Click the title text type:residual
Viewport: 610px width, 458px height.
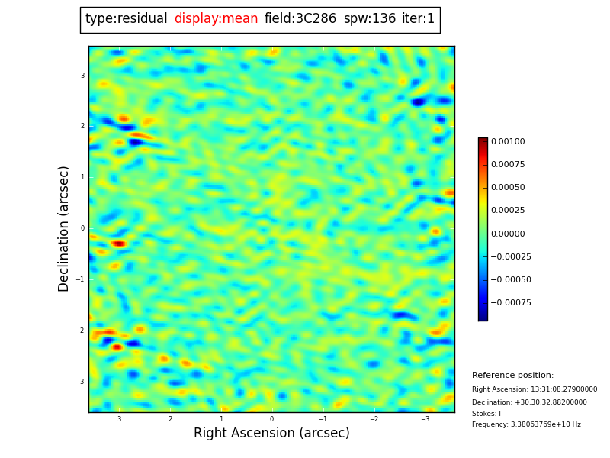click(x=127, y=19)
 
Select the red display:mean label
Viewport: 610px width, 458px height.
click(x=216, y=19)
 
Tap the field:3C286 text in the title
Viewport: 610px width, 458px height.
click(x=300, y=19)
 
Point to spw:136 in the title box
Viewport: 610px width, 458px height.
click(x=370, y=19)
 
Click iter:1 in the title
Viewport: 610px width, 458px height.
click(x=419, y=19)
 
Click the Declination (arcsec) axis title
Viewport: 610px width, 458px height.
click(x=64, y=229)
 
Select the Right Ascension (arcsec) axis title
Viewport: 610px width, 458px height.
click(x=271, y=434)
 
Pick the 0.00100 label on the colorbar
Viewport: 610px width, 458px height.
click(x=508, y=142)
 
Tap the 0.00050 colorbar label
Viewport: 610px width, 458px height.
click(x=508, y=188)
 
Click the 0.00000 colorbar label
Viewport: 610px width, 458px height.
click(x=508, y=234)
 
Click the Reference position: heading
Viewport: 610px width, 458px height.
click(x=512, y=376)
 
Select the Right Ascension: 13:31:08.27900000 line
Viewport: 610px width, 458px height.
click(x=535, y=389)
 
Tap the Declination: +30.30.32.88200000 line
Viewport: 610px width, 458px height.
click(x=529, y=402)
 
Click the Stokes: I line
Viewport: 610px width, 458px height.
click(x=486, y=414)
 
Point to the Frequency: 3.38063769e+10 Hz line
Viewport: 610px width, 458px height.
click(x=526, y=425)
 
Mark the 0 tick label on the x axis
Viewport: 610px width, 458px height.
click(x=271, y=419)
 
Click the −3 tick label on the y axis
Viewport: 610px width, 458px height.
click(x=81, y=382)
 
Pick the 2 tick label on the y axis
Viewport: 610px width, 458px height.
click(x=82, y=126)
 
